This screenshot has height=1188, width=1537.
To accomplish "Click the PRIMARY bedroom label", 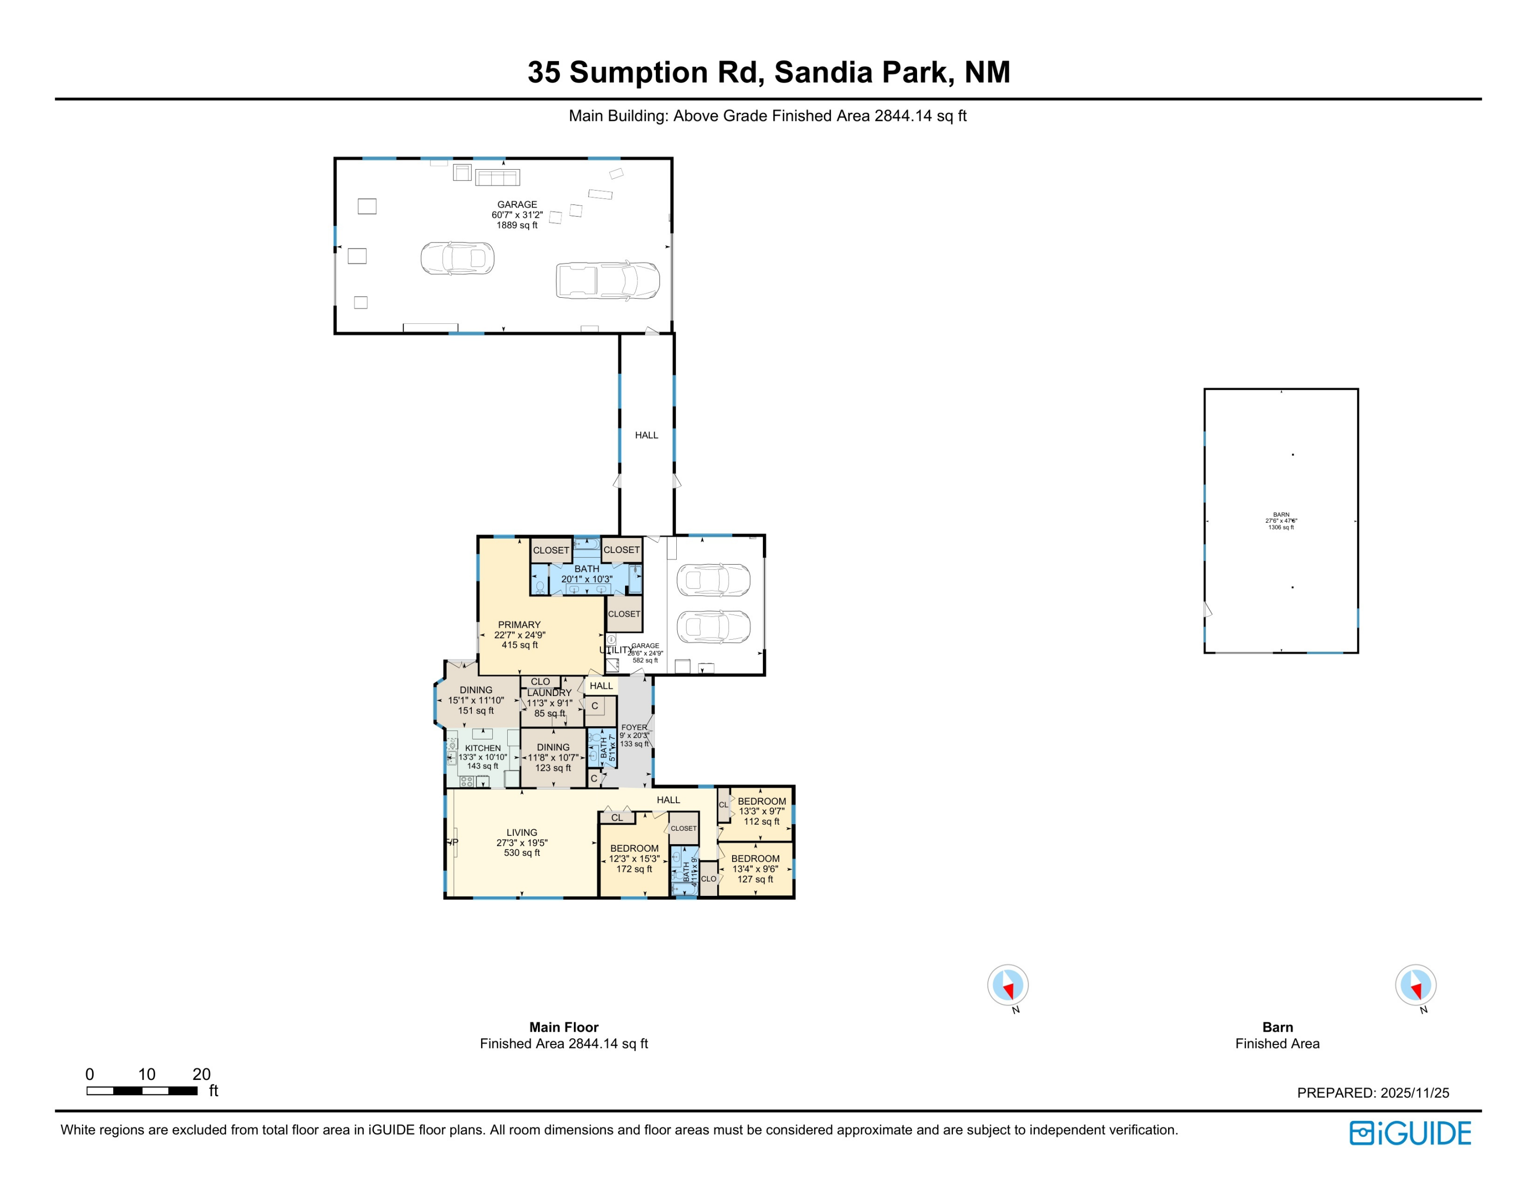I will (520, 625).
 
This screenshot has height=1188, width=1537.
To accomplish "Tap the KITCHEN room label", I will (483, 748).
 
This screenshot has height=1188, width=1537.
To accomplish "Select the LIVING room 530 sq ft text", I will (522, 852).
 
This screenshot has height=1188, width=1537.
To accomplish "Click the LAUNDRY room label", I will (549, 692).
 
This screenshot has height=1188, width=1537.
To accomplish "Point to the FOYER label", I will (634, 728).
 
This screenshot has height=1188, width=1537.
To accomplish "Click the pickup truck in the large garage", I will (607, 280).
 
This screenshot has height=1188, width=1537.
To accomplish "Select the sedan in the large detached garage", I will (458, 258).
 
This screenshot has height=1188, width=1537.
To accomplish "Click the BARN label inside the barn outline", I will (1281, 515).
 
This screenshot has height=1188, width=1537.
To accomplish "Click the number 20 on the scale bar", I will (201, 1074).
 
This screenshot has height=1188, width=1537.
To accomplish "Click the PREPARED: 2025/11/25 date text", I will (1373, 1093).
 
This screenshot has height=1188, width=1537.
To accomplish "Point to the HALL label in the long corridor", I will (646, 435).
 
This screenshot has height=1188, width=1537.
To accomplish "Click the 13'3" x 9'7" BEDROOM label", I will (761, 801).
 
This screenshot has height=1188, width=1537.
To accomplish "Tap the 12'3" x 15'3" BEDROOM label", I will (634, 848).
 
